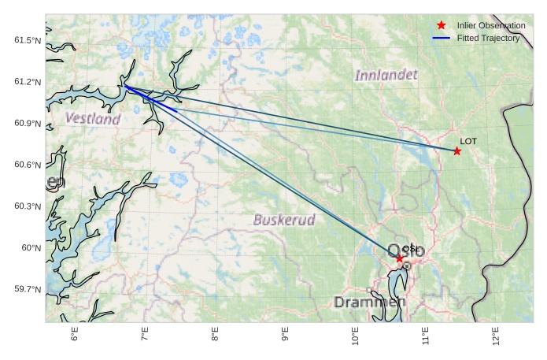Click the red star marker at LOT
(457, 150)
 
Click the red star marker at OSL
(400, 258)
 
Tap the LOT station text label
(468, 141)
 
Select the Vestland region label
(93, 119)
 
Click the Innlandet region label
(386, 76)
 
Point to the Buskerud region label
(284, 220)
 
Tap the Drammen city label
(370, 302)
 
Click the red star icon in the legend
(442, 25)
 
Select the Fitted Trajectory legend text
(488, 38)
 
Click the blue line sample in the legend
(442, 38)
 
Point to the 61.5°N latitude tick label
(28, 40)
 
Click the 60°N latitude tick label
(31, 248)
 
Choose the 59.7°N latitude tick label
(28, 289)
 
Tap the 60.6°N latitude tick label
(28, 165)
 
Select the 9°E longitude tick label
(285, 334)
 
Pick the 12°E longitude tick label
(495, 334)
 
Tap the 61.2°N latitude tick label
(28, 82)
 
